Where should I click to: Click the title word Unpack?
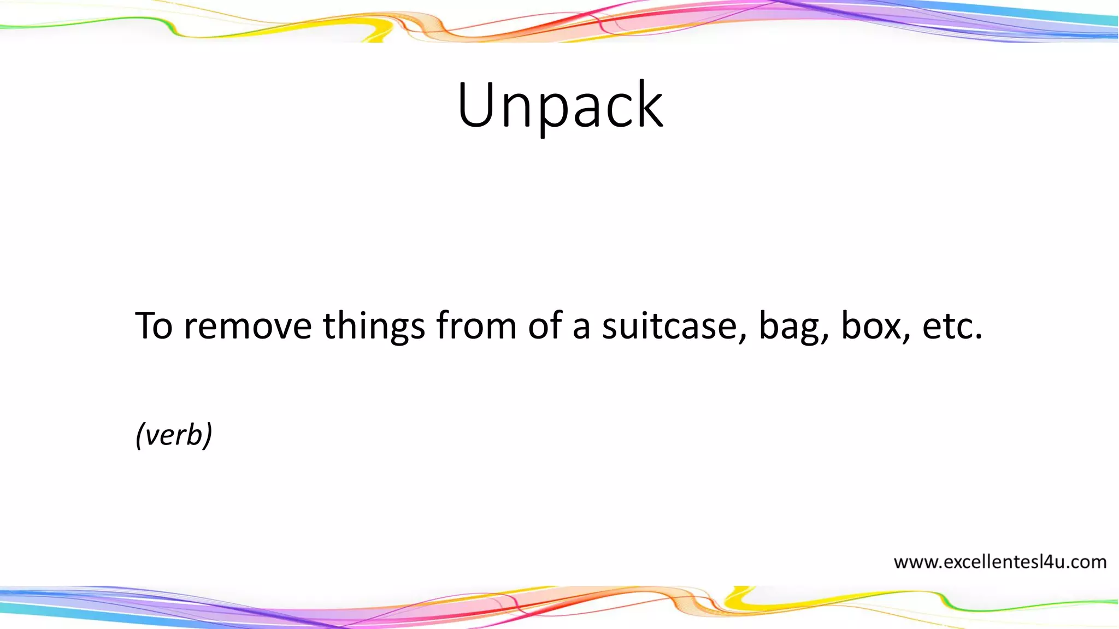(x=560, y=105)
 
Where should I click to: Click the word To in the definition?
(x=155, y=326)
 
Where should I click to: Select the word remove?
(x=248, y=326)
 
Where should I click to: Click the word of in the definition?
(x=545, y=326)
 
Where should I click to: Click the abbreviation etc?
(x=952, y=326)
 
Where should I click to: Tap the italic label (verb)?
(x=174, y=435)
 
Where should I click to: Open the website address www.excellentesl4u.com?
(x=1000, y=562)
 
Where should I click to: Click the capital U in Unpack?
(x=475, y=105)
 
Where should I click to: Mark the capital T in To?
(x=146, y=326)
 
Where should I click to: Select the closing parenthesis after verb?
(x=208, y=435)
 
